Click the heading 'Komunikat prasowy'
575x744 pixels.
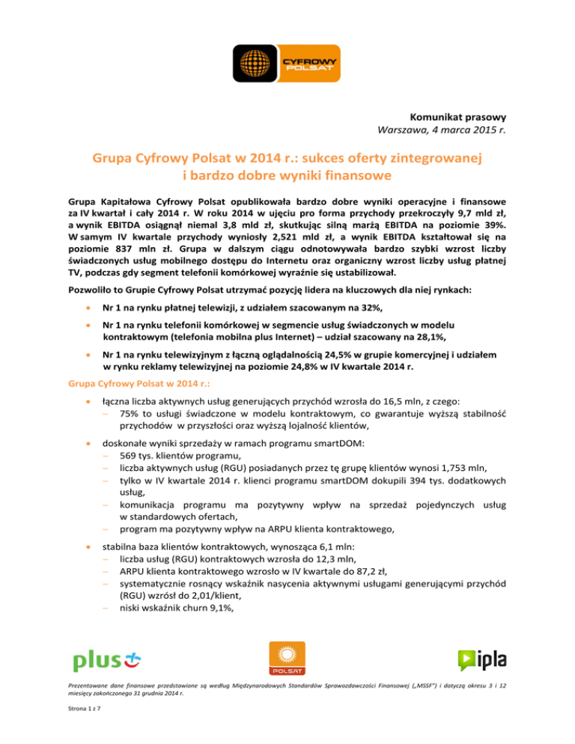457,118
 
